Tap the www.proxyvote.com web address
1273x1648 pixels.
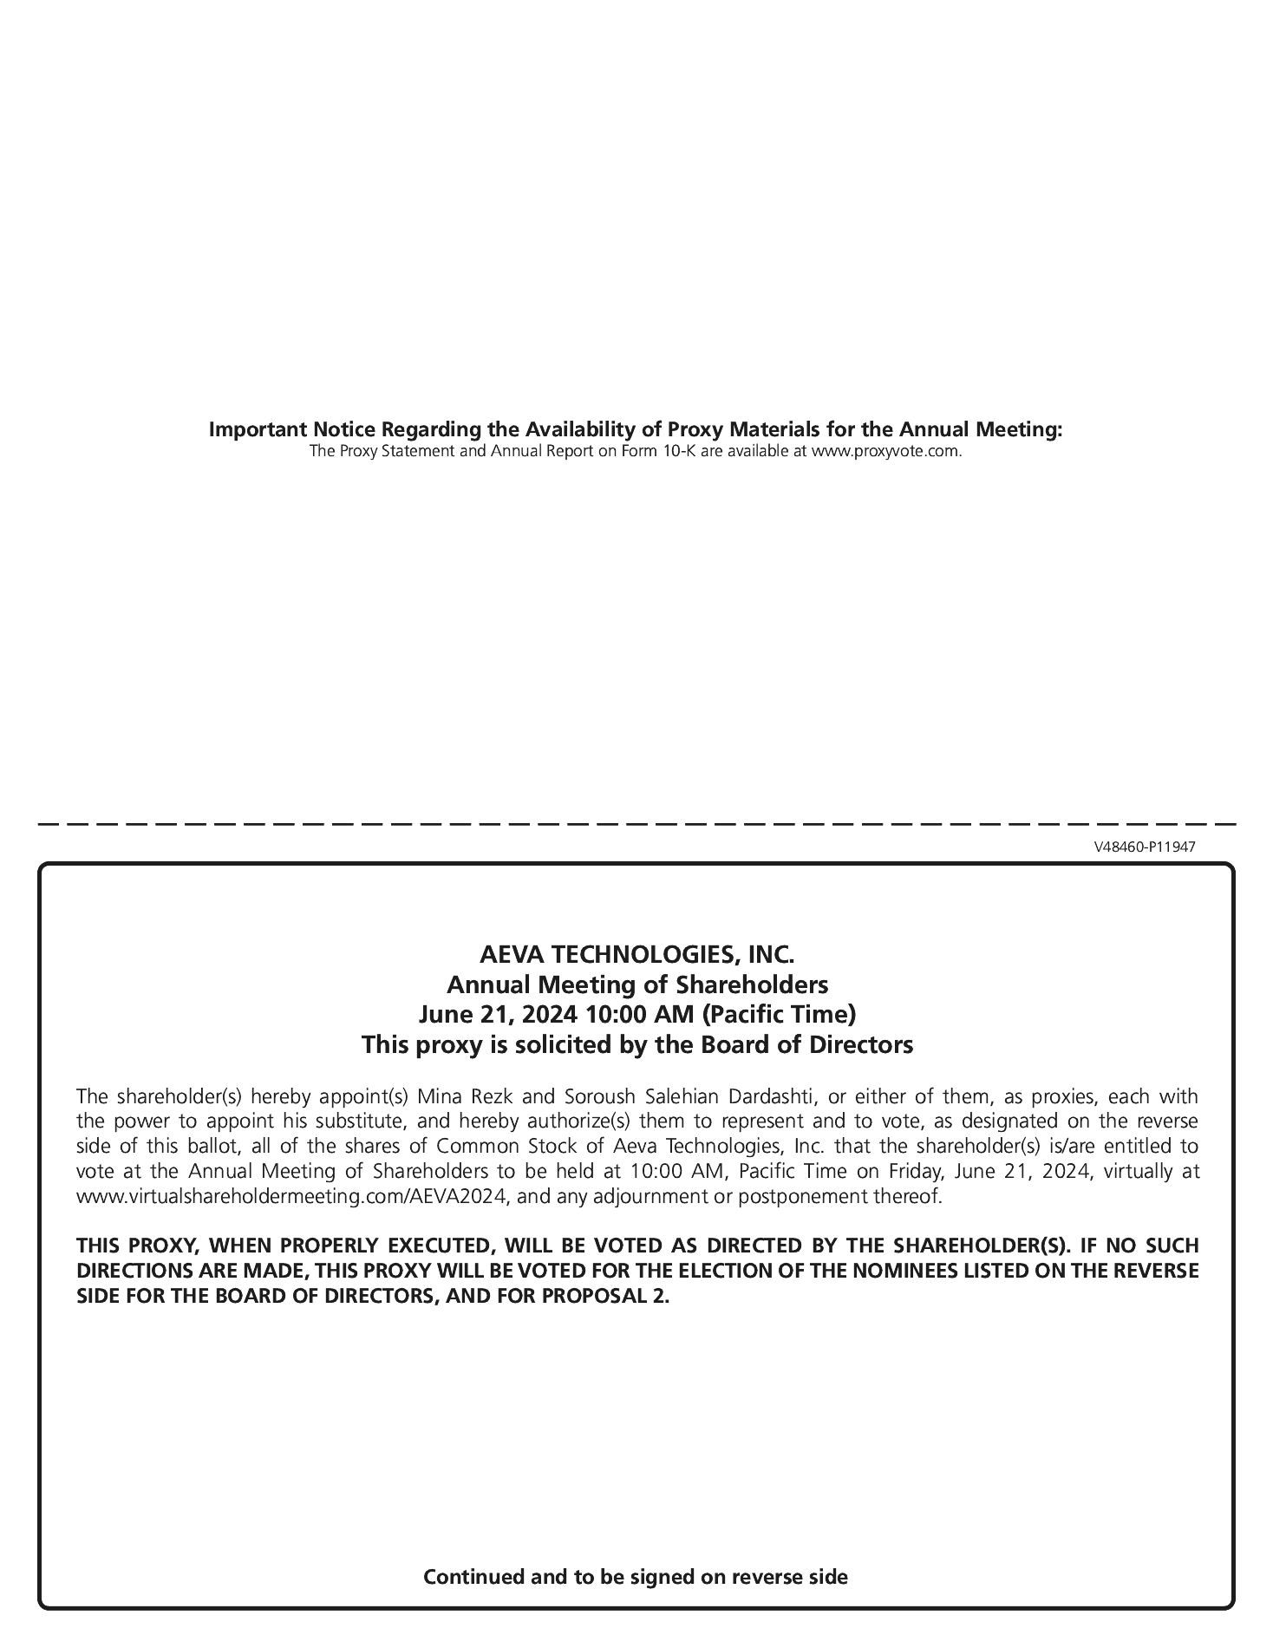(x=885, y=452)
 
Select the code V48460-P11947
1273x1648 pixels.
(x=1145, y=847)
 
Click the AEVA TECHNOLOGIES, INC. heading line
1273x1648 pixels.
(x=636, y=955)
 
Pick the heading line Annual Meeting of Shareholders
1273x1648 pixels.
(x=636, y=984)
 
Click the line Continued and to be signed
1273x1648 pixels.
(x=635, y=1576)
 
